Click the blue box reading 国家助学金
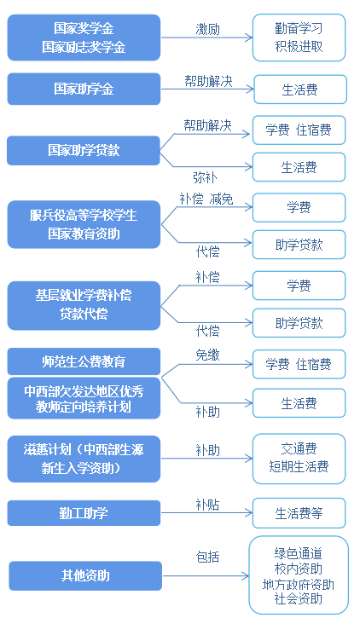click(x=84, y=89)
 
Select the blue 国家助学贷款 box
click(x=84, y=151)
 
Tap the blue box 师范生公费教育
click(x=84, y=361)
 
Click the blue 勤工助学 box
click(x=84, y=513)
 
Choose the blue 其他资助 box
click(x=85, y=576)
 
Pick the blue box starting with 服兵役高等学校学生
click(x=84, y=225)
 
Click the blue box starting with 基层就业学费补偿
click(x=84, y=305)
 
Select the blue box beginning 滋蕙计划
click(x=84, y=459)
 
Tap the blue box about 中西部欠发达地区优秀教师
click(x=84, y=398)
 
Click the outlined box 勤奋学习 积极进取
click(x=299, y=38)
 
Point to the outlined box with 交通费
click(x=299, y=459)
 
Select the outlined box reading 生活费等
click(x=299, y=513)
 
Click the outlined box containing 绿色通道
click(x=299, y=576)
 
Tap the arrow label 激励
click(x=207, y=29)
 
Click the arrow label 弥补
click(x=205, y=177)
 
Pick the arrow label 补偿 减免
click(x=206, y=199)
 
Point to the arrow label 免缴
click(x=207, y=355)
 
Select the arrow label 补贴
click(x=207, y=505)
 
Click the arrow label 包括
click(x=207, y=557)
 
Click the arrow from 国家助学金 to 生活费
click(x=207, y=89)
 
